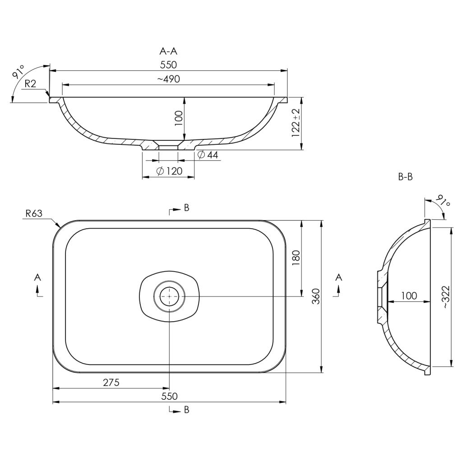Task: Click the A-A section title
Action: (168, 51)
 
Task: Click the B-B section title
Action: (406, 177)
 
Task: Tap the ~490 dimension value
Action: (168, 79)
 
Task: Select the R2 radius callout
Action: (30, 84)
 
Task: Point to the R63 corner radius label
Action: (34, 213)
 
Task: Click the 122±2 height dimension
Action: (296, 123)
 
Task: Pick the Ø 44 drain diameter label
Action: (208, 155)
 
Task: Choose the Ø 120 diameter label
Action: (169, 171)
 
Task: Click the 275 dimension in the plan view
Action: (111, 383)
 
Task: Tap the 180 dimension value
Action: (296, 258)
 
